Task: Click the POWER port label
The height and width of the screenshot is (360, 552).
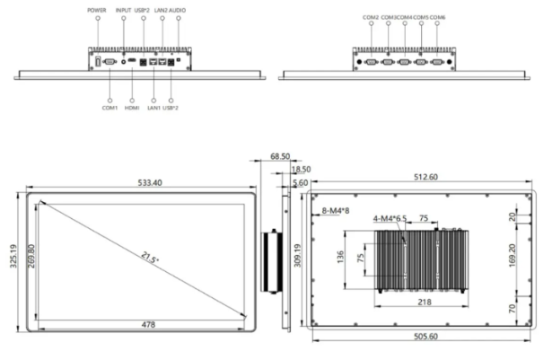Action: coord(96,10)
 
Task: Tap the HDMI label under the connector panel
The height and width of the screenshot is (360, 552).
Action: coord(132,108)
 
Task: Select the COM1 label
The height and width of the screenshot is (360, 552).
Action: coord(110,108)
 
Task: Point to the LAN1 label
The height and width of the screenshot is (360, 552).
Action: coord(153,108)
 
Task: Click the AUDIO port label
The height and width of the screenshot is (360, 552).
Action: coord(177,10)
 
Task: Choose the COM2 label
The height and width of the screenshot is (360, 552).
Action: coord(371,17)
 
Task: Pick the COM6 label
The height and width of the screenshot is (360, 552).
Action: coord(437,17)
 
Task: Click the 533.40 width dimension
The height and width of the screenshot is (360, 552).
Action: coord(150,183)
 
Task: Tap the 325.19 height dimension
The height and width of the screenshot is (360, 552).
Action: coord(13,256)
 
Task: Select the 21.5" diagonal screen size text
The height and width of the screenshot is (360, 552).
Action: coord(150,258)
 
